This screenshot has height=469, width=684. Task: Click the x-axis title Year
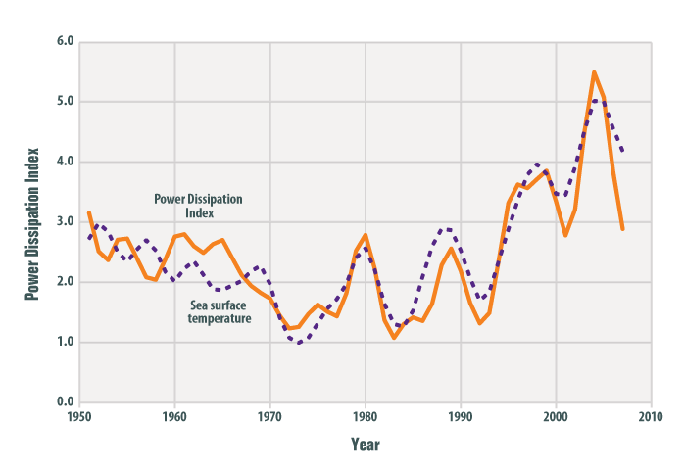[366, 445]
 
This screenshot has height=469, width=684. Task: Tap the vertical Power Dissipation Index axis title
[31, 221]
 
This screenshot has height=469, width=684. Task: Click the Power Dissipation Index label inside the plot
[199, 206]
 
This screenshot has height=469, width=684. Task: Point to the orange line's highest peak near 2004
[594, 71]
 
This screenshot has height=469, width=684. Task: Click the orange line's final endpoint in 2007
[623, 229]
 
